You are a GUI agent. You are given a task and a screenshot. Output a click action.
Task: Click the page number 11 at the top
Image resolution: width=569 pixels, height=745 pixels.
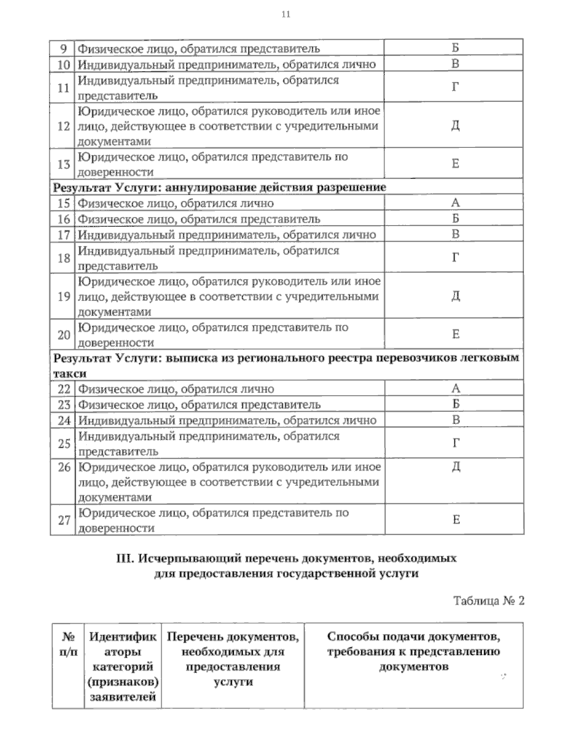[x=285, y=15]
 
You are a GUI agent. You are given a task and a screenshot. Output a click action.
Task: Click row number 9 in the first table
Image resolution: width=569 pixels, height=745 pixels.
[x=64, y=48]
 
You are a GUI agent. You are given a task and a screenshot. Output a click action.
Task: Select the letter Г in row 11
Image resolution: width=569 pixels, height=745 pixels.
[x=455, y=87]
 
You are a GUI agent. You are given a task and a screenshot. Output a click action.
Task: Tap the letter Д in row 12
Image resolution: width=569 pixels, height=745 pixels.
[x=455, y=126]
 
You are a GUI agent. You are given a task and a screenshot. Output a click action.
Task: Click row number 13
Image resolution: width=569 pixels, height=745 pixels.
[x=64, y=164]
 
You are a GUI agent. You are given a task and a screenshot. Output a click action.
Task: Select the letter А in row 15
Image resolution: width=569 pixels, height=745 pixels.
[x=455, y=203]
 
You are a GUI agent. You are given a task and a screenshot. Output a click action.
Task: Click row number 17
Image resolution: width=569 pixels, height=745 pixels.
[x=64, y=235]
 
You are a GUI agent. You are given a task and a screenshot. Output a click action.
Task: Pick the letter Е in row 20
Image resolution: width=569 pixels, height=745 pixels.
[x=455, y=335]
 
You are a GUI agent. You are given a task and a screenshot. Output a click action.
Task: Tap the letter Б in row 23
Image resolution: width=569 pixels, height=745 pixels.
[x=456, y=404]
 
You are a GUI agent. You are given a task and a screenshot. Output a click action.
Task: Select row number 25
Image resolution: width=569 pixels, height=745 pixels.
[x=64, y=444]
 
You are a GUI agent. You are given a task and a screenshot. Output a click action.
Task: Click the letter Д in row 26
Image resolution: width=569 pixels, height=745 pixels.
[x=456, y=467]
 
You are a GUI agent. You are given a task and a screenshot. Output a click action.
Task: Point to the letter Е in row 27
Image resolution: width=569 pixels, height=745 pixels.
[x=456, y=520]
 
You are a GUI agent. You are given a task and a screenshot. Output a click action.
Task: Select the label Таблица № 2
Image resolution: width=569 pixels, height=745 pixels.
[x=488, y=601]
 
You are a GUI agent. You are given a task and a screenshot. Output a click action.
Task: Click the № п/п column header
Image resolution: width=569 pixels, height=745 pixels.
[x=68, y=644]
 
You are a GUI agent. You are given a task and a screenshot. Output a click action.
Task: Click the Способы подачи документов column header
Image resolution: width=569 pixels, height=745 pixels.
[x=413, y=651]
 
